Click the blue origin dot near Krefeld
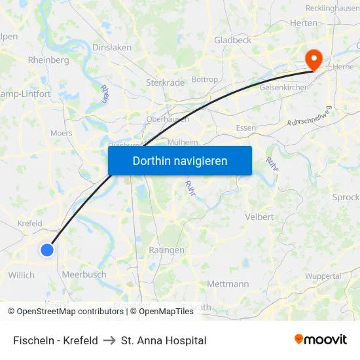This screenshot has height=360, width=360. (x=46, y=249)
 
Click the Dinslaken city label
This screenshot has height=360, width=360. (x=112, y=47)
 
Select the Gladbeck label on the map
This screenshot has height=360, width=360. (x=232, y=40)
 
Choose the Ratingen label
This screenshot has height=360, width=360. (x=166, y=250)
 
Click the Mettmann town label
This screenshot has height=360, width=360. (x=228, y=284)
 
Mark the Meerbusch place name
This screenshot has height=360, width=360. (x=84, y=274)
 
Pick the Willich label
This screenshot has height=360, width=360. (x=22, y=275)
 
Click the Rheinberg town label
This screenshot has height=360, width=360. (x=48, y=60)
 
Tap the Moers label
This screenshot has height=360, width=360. (x=62, y=133)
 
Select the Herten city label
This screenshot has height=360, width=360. (x=304, y=23)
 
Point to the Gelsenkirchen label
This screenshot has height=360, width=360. (x=284, y=87)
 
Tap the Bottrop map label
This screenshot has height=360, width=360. (x=205, y=79)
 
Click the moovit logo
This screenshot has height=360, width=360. (x=320, y=340)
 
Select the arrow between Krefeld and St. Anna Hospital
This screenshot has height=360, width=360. (x=109, y=340)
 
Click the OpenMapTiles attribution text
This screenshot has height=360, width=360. (x=161, y=312)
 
